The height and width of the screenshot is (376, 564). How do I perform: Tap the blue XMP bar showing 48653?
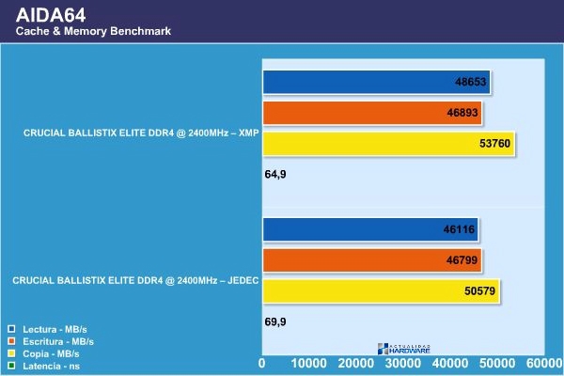pos(376,83)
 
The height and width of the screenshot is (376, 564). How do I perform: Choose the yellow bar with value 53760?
pos(388,144)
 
